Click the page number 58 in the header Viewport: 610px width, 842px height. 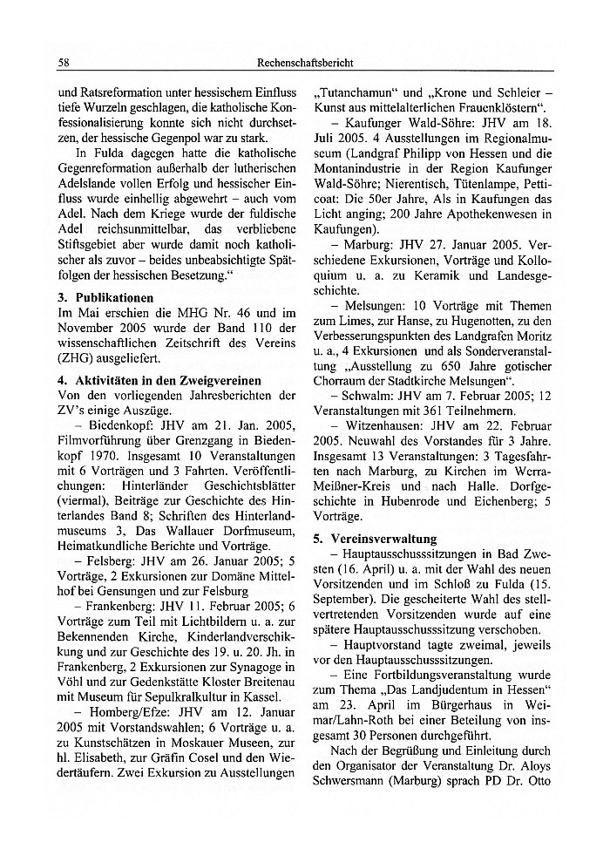(64, 63)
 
